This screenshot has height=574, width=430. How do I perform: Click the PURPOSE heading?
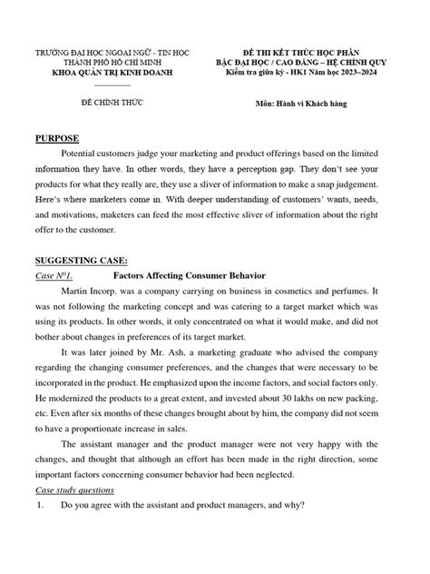coord(56,139)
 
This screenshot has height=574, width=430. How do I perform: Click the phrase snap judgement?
coord(337,193)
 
